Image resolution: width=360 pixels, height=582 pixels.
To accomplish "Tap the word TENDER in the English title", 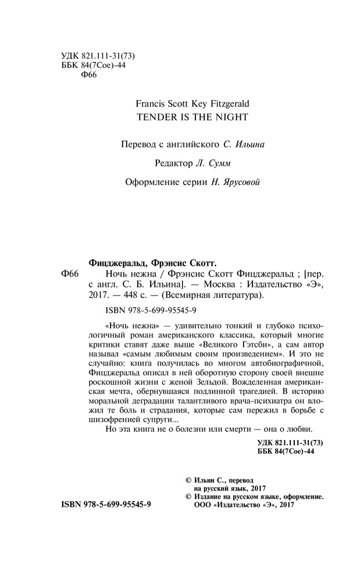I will [152, 116].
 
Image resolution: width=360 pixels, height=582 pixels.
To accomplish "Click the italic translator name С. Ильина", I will [244, 143].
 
